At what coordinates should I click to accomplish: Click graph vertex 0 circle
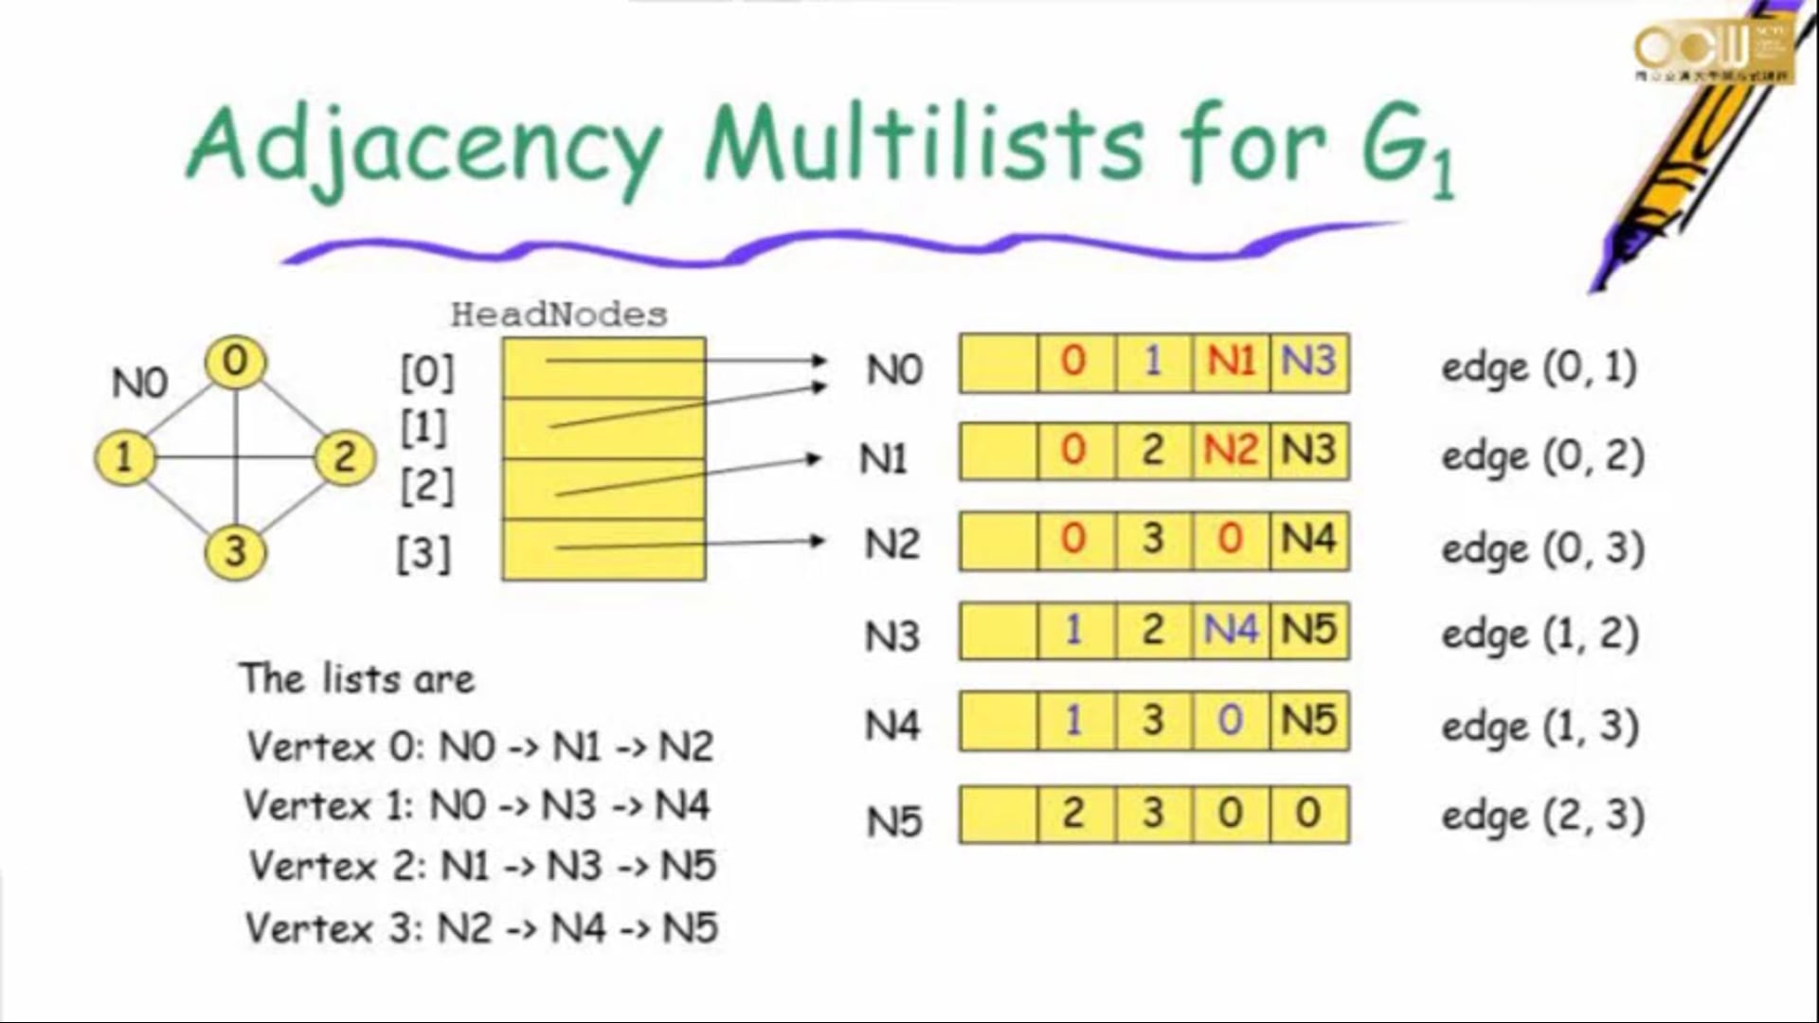[235, 362]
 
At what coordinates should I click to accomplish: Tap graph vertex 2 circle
[344, 458]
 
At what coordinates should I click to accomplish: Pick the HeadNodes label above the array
[559, 314]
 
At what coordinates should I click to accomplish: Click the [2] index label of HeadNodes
[426, 487]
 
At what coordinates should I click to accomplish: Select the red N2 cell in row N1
[1231, 450]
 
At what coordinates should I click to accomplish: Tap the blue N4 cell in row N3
[1231, 630]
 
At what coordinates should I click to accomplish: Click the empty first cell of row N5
[998, 815]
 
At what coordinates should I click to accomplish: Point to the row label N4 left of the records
[891, 727]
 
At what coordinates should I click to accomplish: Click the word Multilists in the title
[924, 147]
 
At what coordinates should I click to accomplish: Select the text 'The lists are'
[357, 679]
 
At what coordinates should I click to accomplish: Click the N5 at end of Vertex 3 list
[690, 928]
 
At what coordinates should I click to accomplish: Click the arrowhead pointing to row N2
[817, 541]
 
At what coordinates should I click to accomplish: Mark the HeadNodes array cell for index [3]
[603, 549]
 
